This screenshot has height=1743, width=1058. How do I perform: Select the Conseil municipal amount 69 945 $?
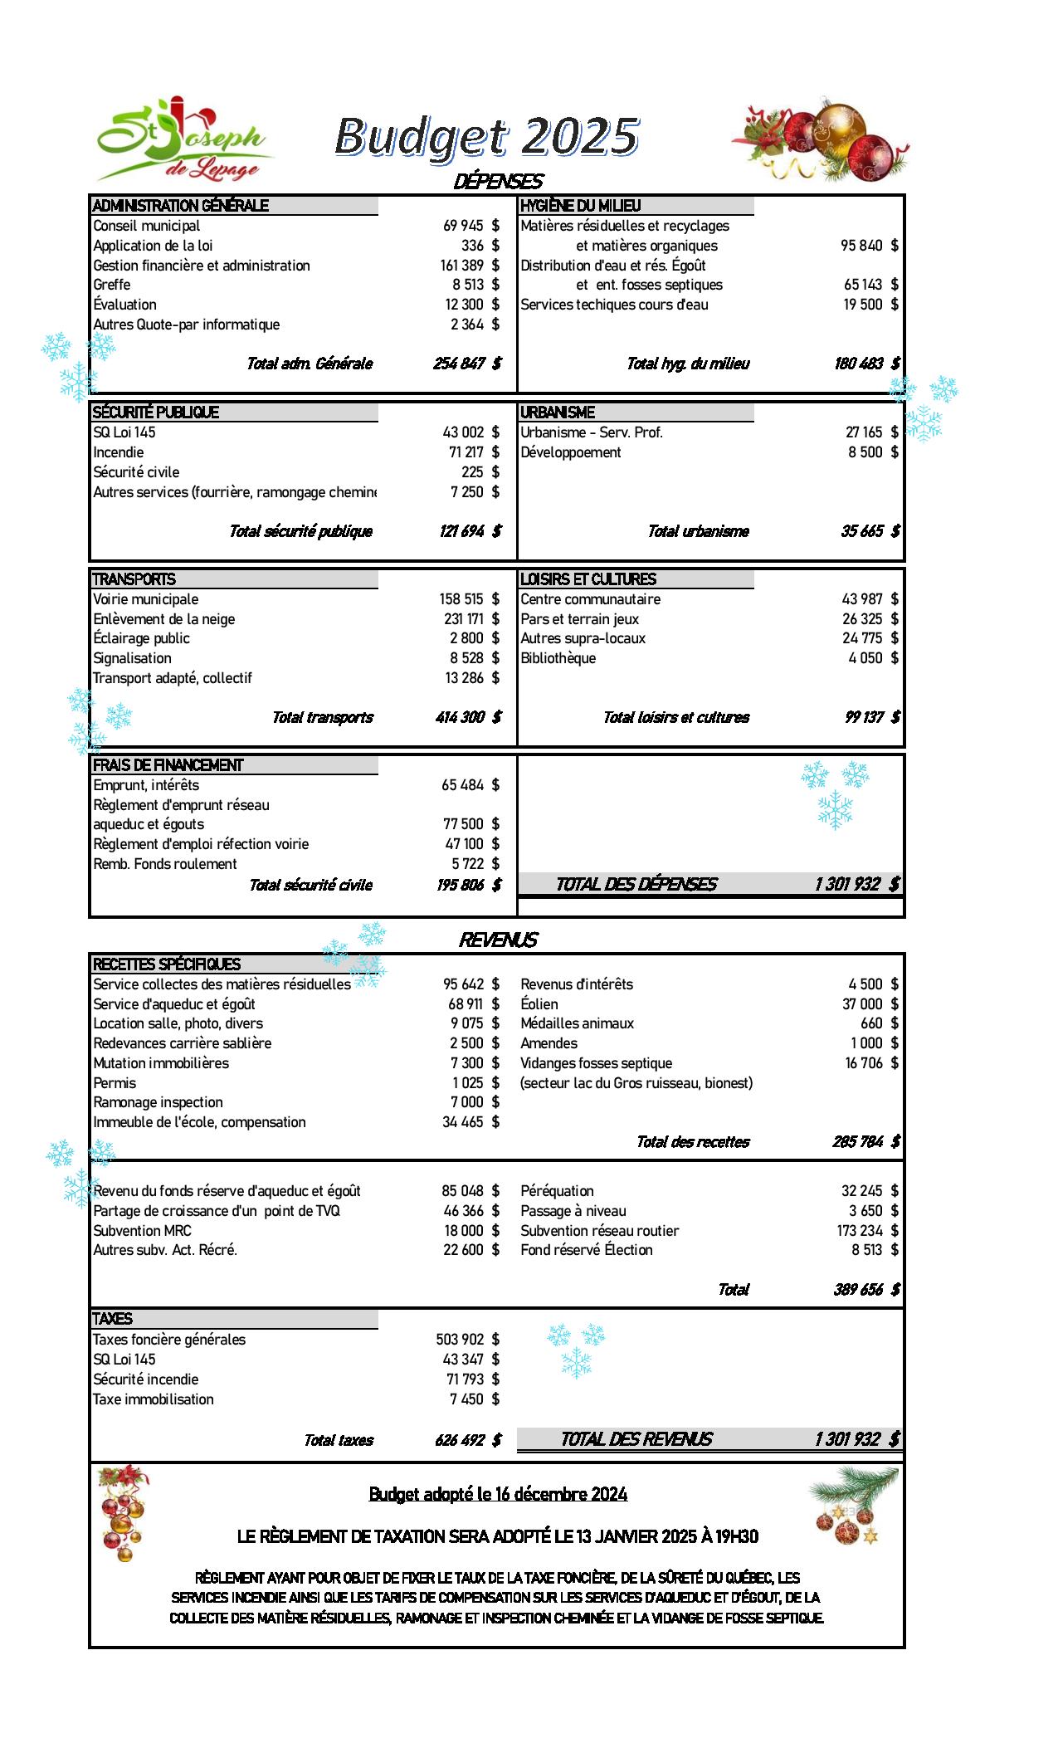pos(470,226)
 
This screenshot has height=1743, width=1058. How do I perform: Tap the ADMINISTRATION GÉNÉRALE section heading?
pos(181,206)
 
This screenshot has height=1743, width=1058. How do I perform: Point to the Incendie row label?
pos(119,452)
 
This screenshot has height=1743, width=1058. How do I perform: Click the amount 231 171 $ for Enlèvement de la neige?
pos(470,619)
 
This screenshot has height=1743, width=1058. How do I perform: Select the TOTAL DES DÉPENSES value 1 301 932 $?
pos(856,884)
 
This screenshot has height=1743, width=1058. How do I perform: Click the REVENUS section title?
pos(498,940)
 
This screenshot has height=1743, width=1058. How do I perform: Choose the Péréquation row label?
pos(558,1191)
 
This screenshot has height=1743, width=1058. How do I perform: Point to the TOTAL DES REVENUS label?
pos(636,1439)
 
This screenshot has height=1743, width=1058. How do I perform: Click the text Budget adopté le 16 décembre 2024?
pos(498,1495)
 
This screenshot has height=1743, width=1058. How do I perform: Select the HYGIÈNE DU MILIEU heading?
pos(581,206)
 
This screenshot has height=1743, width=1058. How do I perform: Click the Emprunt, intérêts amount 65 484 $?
pos(470,785)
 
